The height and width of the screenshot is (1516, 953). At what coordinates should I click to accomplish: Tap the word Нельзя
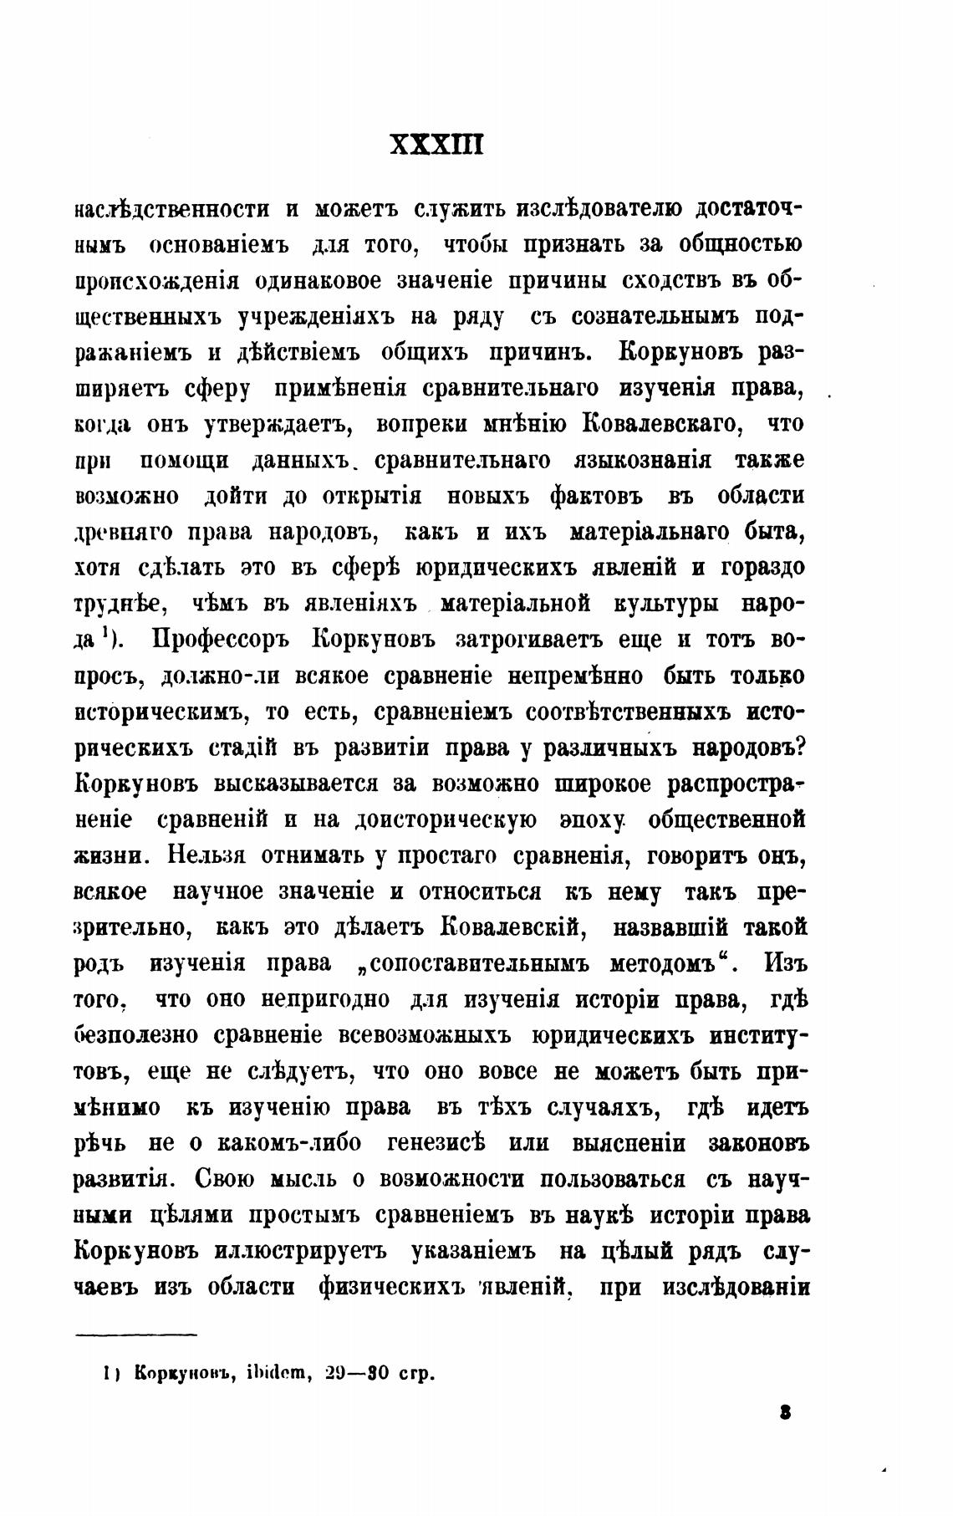(x=206, y=855)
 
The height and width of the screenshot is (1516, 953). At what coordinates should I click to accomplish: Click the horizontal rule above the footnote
(x=135, y=1335)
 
